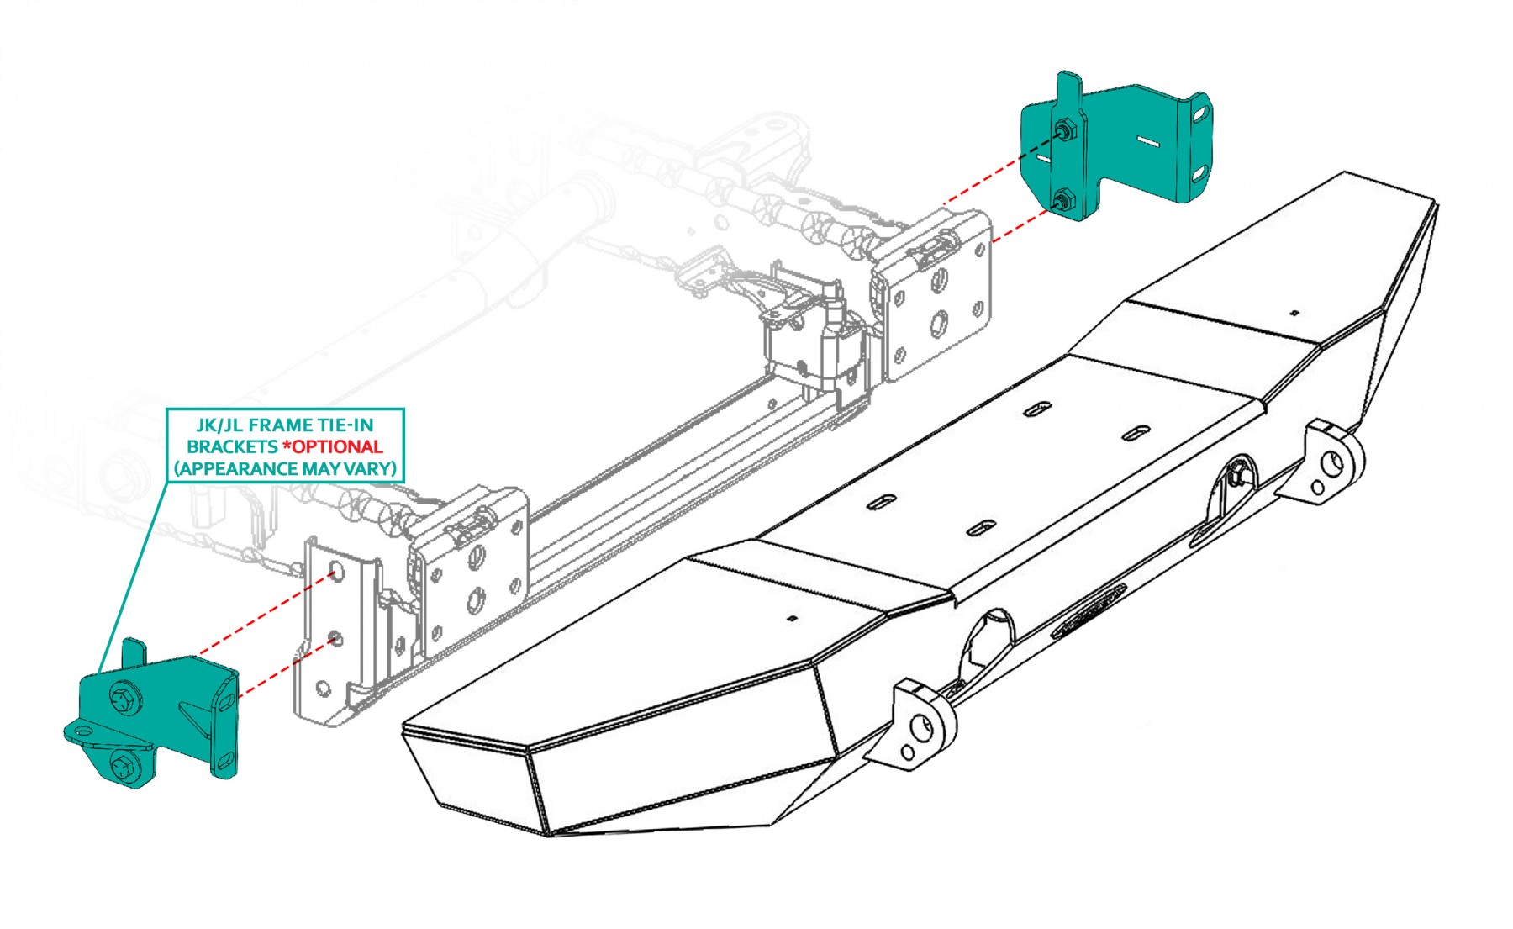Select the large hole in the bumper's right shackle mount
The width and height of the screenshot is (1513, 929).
tap(1334, 462)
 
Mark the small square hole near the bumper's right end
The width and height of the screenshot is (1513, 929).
tap(1294, 313)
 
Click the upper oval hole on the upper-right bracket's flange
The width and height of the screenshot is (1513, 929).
tap(1202, 112)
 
